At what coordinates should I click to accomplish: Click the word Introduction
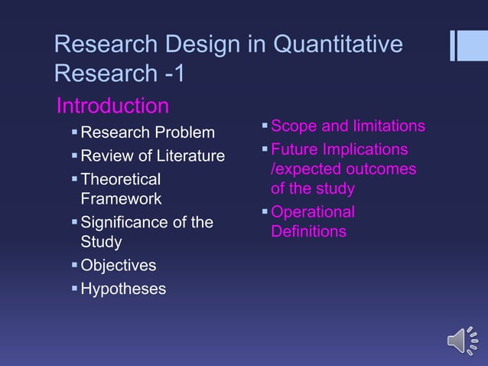pyautogui.click(x=112, y=105)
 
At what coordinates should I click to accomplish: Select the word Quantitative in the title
pyautogui.click(x=337, y=44)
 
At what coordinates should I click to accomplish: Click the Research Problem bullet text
pyautogui.click(x=148, y=133)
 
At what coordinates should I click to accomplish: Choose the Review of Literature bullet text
pyautogui.click(x=152, y=156)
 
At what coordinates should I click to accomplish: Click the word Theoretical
pyautogui.click(x=121, y=179)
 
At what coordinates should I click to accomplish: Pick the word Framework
pyautogui.click(x=121, y=199)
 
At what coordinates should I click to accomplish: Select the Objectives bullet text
pyautogui.click(x=118, y=266)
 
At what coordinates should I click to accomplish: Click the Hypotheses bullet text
pyautogui.click(x=122, y=289)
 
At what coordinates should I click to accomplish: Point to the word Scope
pyautogui.click(x=292, y=126)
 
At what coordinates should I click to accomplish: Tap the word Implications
pyautogui.click(x=361, y=149)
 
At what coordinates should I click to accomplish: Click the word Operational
pyautogui.click(x=313, y=211)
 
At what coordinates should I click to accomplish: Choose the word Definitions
pyautogui.click(x=308, y=231)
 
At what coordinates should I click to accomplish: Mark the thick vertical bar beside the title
pyautogui.click(x=464, y=45)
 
